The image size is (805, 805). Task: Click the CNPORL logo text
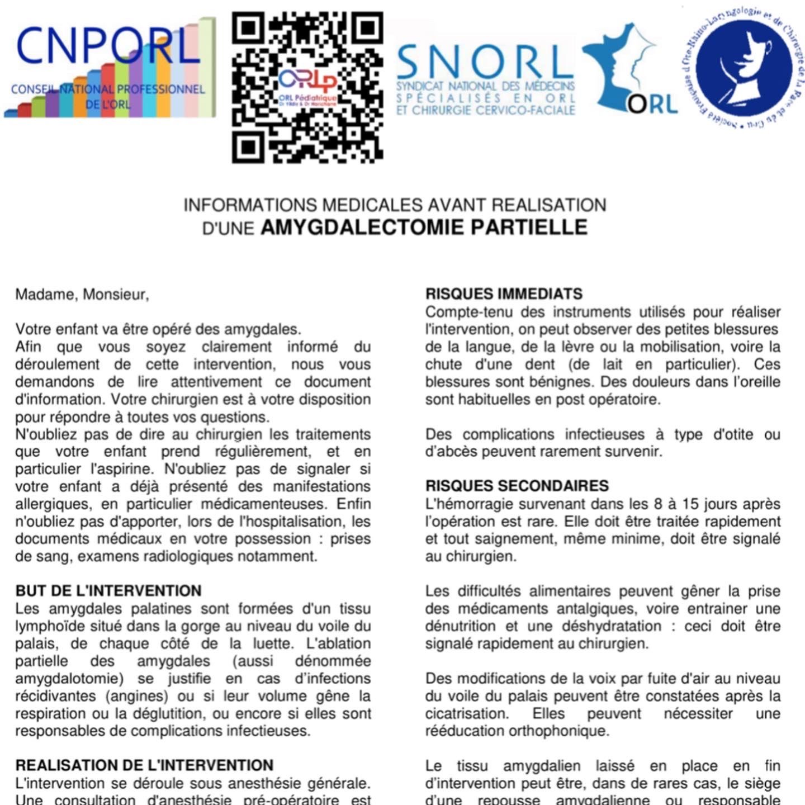(x=108, y=48)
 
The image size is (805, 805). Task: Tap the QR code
(x=307, y=88)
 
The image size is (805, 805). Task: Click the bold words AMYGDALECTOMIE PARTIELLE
(x=424, y=228)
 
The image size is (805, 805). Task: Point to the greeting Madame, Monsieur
(x=82, y=294)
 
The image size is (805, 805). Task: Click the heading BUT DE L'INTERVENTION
(x=108, y=591)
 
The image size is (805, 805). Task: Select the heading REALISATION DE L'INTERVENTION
(x=144, y=765)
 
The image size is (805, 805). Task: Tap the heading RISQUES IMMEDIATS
(x=504, y=294)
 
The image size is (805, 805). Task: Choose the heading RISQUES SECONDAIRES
(x=517, y=486)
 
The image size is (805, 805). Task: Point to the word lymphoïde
(x=47, y=626)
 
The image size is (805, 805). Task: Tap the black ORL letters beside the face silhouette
(x=652, y=105)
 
